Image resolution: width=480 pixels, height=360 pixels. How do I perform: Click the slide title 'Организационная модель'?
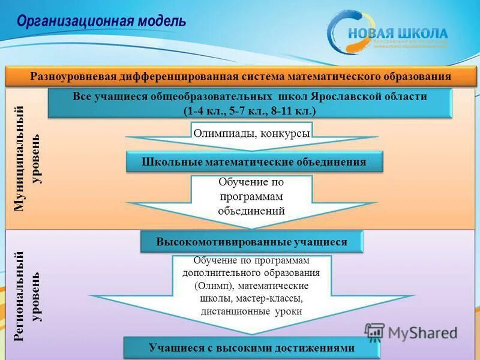click(x=101, y=21)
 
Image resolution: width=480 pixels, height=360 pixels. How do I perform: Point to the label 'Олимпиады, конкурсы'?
click(x=251, y=133)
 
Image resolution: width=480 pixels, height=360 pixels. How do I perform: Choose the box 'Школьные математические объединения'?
click(x=254, y=162)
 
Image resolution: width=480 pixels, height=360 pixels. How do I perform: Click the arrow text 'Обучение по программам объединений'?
click(x=251, y=196)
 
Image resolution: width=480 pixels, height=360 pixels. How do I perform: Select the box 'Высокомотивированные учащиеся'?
click(x=251, y=242)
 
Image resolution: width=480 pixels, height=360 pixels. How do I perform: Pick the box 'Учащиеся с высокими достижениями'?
click(x=251, y=348)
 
